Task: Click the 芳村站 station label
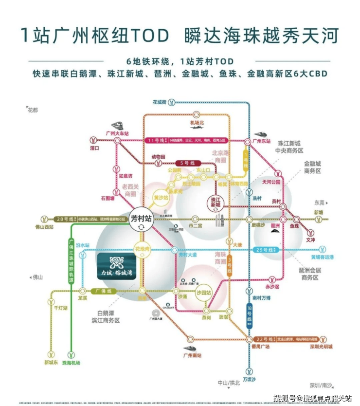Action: [142, 218]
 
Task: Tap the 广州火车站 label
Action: [117, 133]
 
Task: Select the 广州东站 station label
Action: [261, 141]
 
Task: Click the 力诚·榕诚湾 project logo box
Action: [117, 266]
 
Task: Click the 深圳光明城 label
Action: [322, 347]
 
